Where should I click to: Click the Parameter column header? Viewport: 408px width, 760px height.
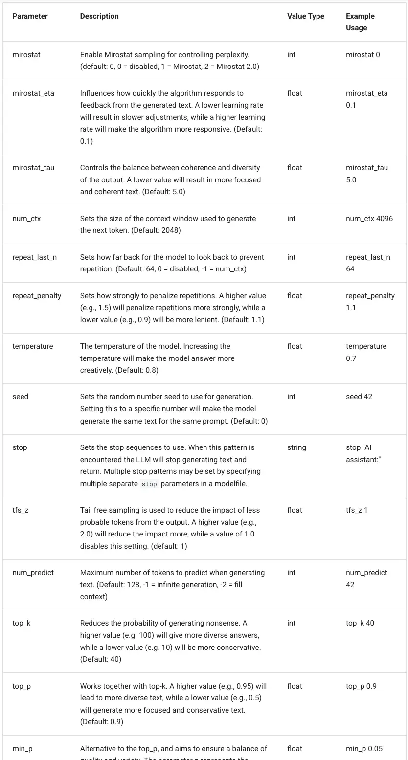30,16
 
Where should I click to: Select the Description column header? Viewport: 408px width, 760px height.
99,16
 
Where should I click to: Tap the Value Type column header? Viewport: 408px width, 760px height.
306,16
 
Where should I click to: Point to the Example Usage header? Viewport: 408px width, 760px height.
360,22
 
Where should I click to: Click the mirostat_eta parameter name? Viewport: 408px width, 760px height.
33,93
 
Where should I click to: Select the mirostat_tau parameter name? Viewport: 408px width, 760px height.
33,168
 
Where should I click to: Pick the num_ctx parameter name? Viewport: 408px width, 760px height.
26,219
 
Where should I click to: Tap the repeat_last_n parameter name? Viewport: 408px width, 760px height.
34,257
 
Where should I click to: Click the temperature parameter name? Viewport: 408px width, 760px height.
33,346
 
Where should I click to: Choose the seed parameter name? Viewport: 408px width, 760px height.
21,397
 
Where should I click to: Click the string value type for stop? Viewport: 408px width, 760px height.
296,447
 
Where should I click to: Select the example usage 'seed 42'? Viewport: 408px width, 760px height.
359,397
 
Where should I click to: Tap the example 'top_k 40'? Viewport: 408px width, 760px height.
360,623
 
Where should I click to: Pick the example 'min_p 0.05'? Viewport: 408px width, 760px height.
364,749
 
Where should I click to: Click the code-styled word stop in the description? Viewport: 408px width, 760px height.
149,484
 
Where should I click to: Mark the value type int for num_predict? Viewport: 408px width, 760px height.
292,573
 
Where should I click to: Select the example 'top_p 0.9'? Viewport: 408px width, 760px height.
361,686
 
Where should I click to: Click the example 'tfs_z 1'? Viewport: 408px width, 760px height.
357,510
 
